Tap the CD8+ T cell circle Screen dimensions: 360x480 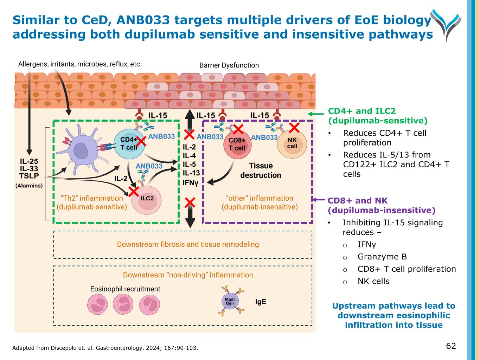[237, 144]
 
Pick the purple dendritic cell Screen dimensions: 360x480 [81, 152]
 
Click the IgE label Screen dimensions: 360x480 [261, 302]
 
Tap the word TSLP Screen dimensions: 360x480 [29, 176]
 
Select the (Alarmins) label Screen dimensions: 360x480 [29, 186]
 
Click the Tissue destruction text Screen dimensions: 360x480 [261, 171]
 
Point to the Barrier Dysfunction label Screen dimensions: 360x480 [229, 65]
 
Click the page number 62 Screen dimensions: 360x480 [451, 346]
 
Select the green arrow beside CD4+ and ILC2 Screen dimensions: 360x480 [315, 114]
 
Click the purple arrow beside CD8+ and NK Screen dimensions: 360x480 [319, 200]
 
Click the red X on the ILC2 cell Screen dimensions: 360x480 [133, 192]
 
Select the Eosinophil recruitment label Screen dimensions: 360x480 [125, 289]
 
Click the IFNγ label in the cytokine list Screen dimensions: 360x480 [191, 183]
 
